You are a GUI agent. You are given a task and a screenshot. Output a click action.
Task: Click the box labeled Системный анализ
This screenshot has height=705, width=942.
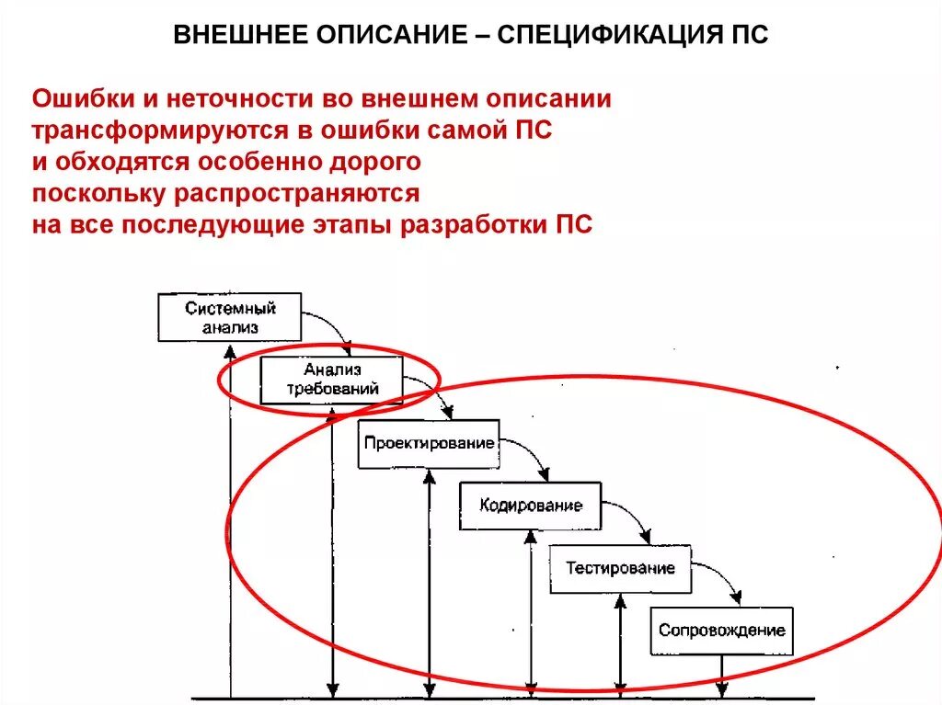[230, 317]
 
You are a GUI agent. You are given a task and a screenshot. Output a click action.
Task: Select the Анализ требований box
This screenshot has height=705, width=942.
[331, 380]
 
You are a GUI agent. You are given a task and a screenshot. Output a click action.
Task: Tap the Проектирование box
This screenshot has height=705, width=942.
[429, 443]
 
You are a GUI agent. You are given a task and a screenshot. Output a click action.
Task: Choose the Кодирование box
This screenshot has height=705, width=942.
[531, 506]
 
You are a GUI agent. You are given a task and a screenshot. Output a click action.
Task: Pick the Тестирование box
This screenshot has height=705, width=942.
[620, 568]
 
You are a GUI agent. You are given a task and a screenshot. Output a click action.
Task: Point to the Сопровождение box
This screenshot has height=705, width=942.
[721, 631]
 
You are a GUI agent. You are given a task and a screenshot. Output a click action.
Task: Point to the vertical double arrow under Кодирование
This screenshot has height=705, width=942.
[531, 611]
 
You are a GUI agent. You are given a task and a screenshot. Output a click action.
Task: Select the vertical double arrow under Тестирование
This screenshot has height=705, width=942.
[620, 643]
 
